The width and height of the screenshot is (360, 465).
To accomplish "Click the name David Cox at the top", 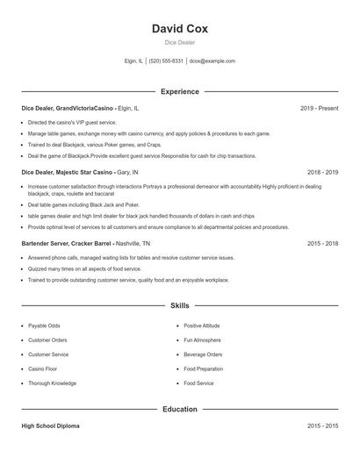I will [x=180, y=27].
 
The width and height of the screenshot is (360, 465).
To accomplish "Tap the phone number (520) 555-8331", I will [x=166, y=61].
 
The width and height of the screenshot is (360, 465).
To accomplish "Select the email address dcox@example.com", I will [x=213, y=61].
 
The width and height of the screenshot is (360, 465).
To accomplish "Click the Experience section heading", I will [x=180, y=91].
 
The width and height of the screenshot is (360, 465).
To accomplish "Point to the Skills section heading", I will [x=180, y=305].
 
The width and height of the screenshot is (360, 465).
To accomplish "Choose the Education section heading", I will [x=180, y=409].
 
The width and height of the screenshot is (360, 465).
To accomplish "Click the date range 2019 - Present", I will [x=319, y=108].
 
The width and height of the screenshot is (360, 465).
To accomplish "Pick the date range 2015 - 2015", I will [x=322, y=426].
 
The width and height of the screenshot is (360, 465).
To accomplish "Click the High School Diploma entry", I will [x=51, y=426].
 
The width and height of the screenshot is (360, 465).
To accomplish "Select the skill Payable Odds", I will [x=45, y=325].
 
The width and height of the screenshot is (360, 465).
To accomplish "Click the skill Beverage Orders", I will [x=203, y=354].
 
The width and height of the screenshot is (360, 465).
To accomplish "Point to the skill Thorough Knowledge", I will [x=52, y=383].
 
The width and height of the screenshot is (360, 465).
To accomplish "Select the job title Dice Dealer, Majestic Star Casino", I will [x=68, y=173].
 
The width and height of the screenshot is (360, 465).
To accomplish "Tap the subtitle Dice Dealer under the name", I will [x=180, y=42].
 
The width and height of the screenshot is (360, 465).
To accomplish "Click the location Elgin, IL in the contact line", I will [x=133, y=61].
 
